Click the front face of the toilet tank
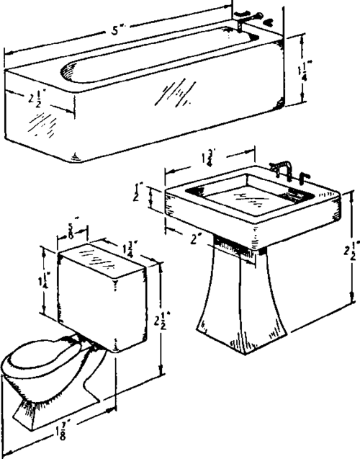click(86, 295)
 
